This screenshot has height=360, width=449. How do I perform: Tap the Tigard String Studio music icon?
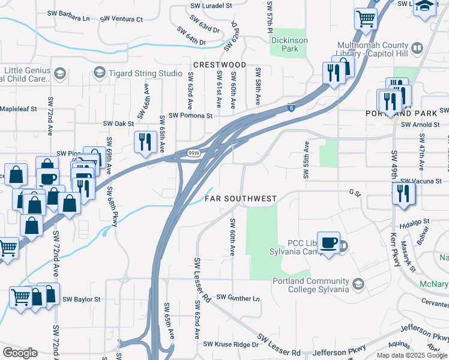pos(99,73)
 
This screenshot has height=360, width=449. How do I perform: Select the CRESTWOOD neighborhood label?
pos(220,64)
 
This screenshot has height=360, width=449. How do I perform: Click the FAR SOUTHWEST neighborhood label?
pos(241,198)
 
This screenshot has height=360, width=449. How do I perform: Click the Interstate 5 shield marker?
pos(291,108)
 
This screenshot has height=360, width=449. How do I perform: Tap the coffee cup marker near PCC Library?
pos(328,242)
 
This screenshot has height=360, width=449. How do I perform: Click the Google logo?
pos(20,352)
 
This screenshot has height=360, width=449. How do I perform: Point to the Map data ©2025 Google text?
pos(411,355)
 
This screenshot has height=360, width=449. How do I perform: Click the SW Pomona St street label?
pos(190,115)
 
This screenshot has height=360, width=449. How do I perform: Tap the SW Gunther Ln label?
pos(238,298)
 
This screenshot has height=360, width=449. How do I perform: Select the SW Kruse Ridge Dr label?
pos(231,344)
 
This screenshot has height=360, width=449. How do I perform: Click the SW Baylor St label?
pos(81,299)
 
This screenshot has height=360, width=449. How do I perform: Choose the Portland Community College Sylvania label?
pos(311,285)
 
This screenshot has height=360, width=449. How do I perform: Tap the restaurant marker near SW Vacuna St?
pos(403,193)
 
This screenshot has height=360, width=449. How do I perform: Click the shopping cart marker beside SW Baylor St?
pos(20,296)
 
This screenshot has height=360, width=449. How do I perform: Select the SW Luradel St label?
pos(211,5)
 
